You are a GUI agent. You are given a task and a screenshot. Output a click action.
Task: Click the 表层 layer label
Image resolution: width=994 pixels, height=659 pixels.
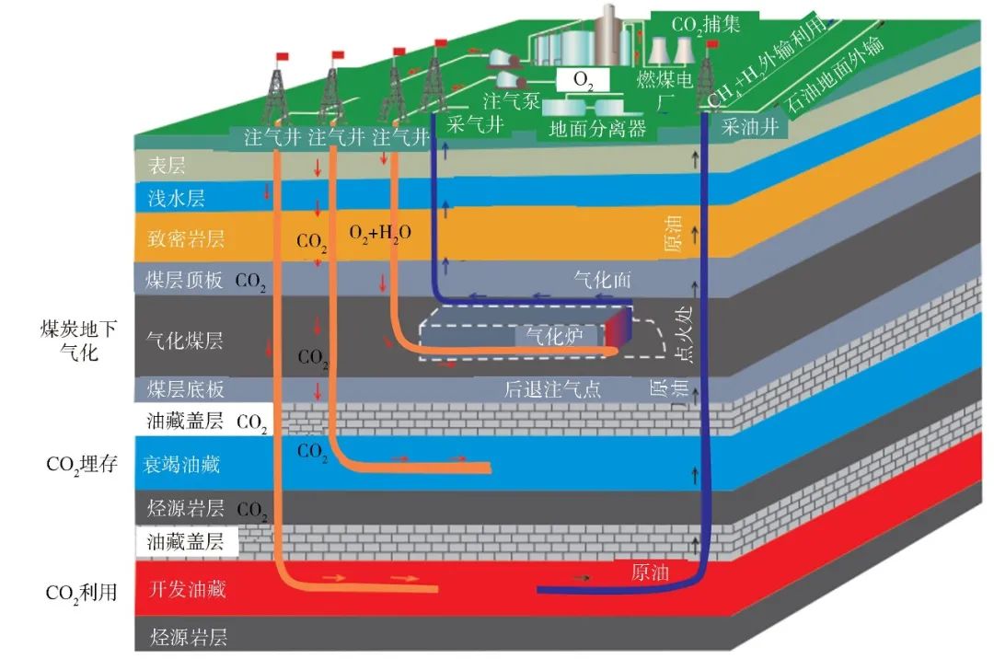click(167, 166)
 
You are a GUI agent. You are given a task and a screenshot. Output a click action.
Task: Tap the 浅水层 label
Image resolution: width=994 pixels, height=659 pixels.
click(176, 199)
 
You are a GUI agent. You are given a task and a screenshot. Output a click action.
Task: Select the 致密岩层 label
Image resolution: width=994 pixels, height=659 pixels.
click(185, 239)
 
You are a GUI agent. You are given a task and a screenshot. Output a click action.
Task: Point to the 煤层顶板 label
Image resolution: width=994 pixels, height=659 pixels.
click(185, 281)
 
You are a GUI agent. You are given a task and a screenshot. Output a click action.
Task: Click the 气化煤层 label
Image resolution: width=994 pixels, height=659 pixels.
click(185, 341)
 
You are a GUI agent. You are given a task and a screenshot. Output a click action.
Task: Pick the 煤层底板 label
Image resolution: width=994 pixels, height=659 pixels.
click(185, 388)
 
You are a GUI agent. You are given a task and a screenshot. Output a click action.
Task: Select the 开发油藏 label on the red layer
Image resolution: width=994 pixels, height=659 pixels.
click(187, 590)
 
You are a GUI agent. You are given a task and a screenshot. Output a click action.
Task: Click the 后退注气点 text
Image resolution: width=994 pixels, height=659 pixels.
click(552, 388)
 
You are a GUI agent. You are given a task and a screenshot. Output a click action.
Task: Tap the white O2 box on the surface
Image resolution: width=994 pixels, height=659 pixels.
click(584, 81)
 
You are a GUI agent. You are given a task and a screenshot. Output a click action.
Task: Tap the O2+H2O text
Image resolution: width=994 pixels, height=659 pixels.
click(379, 233)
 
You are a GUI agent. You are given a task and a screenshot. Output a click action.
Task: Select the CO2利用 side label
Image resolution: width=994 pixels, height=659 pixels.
click(82, 592)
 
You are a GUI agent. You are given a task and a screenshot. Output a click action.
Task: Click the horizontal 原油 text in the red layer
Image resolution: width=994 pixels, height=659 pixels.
click(650, 572)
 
